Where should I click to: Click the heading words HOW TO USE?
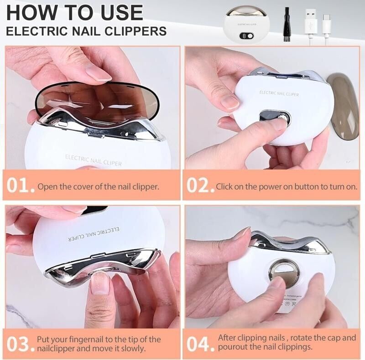click(x=74, y=12)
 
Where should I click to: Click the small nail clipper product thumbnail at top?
click(x=247, y=24)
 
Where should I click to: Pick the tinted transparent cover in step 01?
click(x=96, y=98)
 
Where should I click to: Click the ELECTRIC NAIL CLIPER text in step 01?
click(x=93, y=159)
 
